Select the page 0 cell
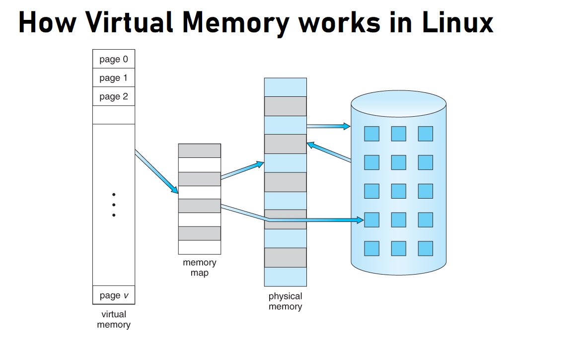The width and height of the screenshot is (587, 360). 113,59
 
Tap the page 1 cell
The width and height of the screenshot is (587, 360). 113,78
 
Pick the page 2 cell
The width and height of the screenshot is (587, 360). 113,96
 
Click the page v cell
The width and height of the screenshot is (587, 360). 113,295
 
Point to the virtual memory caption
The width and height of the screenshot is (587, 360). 113,319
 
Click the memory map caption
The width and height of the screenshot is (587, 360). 199,267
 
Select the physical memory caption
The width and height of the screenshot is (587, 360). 285,301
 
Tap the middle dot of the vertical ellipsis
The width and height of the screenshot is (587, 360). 114,205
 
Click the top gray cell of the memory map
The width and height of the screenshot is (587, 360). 199,150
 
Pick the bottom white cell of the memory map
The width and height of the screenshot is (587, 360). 199,247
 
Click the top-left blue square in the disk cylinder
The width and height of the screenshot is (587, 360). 371,134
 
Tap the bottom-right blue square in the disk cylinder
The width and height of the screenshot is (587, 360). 425,248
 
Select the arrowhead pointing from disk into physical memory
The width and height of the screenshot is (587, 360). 310,144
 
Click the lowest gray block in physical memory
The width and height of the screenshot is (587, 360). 285,257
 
